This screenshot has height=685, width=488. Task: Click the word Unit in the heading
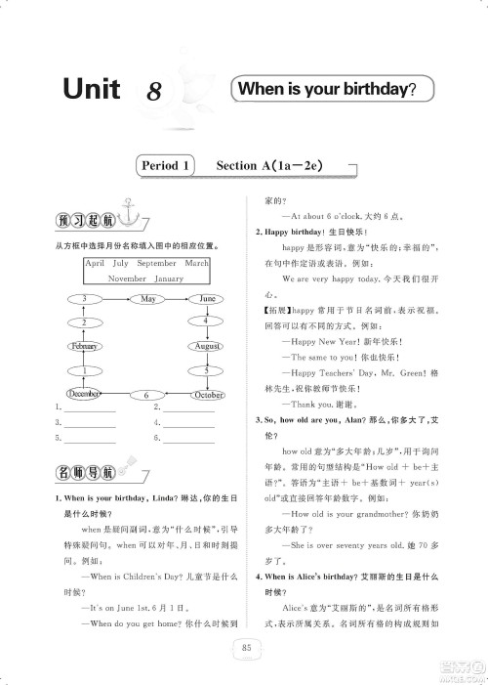91,90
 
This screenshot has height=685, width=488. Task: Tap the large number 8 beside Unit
154,92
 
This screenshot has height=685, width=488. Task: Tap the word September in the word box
156,264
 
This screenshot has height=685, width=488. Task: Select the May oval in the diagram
148,298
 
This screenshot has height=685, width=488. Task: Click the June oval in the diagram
206,298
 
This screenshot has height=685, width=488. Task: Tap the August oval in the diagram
206,346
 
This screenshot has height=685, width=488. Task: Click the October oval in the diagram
206,394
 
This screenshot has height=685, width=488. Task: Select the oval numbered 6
145,395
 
